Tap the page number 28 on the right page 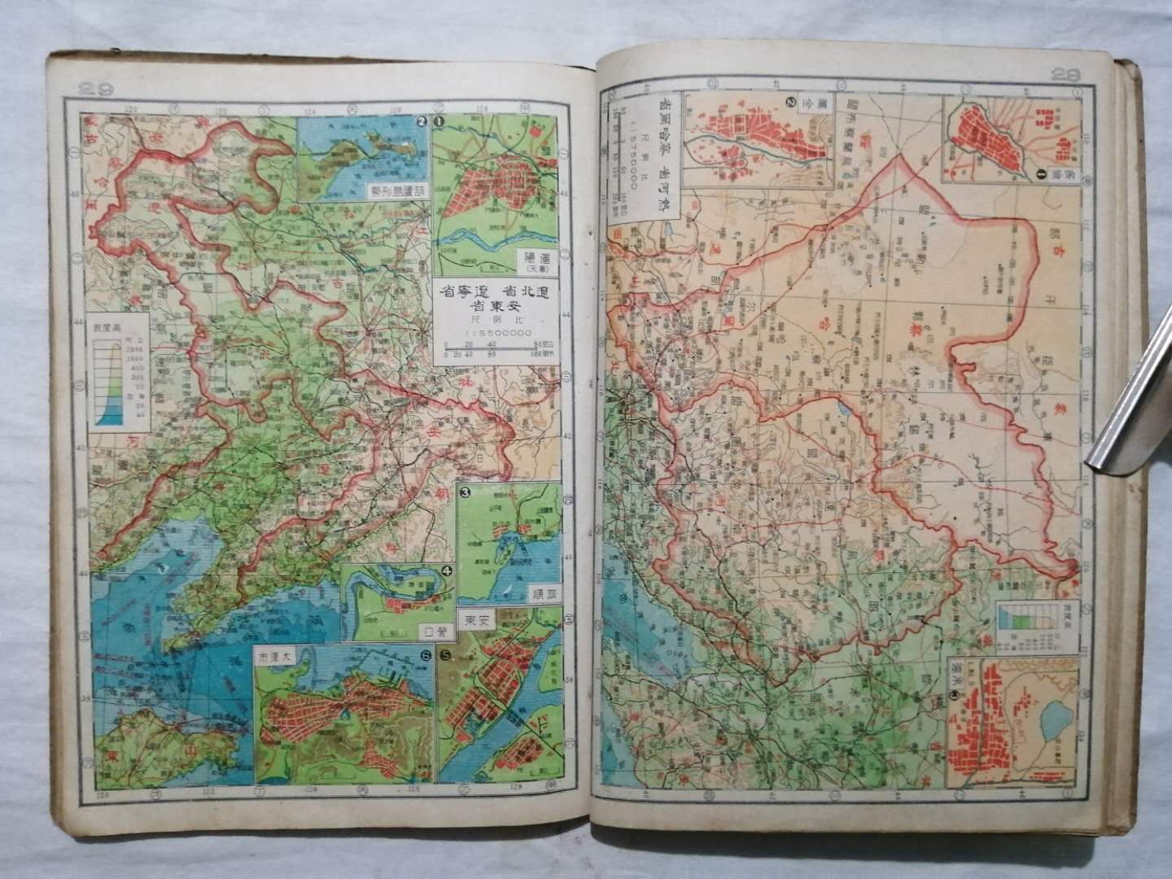1065,74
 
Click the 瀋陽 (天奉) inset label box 533,260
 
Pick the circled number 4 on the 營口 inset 446,571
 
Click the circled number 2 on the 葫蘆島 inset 421,122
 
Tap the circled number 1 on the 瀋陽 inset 439,122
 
